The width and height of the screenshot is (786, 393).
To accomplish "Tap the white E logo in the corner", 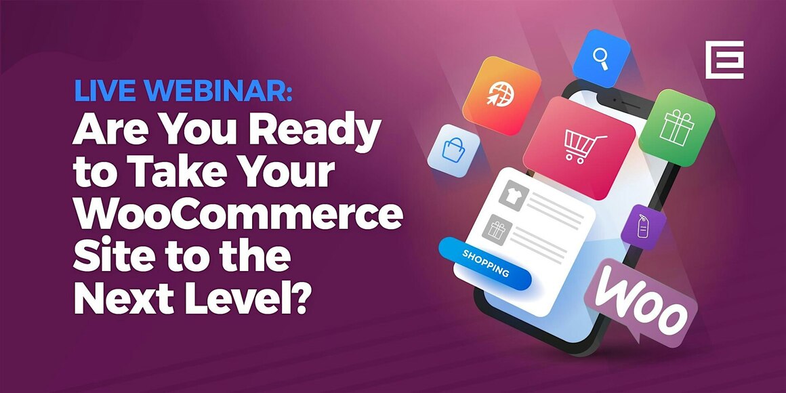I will (x=724, y=60).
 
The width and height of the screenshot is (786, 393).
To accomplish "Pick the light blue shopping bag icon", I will (x=453, y=149).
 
